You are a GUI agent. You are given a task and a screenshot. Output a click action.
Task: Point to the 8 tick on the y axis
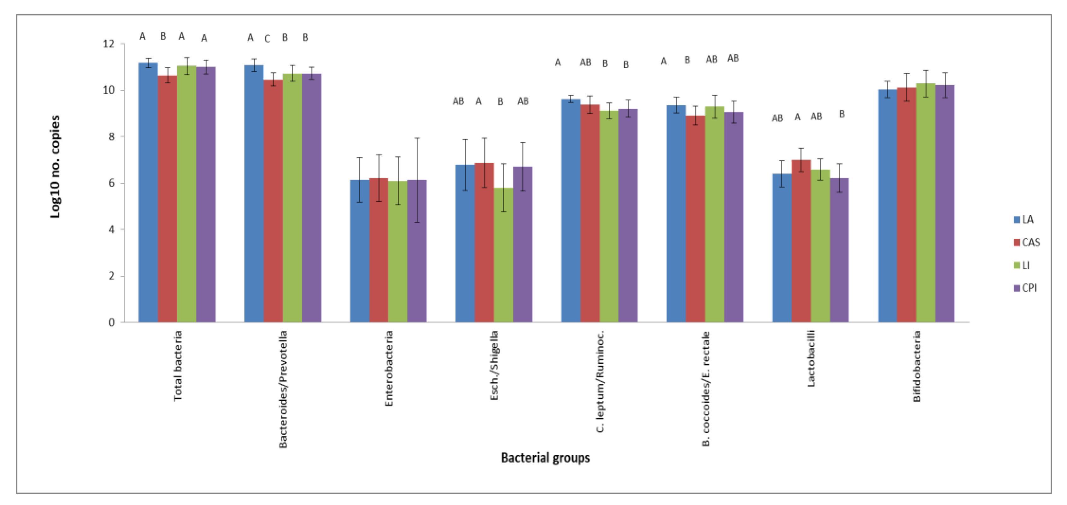(x=111, y=137)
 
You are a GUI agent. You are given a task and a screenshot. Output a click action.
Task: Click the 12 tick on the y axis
(x=109, y=44)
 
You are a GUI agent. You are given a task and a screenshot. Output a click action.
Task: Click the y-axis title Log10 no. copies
(x=55, y=167)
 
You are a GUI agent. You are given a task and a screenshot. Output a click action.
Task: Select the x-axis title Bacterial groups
(x=545, y=458)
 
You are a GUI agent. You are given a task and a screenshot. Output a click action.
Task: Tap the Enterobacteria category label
(x=389, y=368)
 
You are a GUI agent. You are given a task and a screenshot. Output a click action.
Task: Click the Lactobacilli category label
(x=811, y=359)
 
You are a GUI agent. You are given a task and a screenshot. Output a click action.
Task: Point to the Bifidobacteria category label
(x=917, y=366)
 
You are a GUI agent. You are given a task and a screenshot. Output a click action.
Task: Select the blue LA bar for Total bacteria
(x=148, y=193)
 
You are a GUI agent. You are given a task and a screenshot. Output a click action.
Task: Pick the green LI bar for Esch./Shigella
(x=503, y=255)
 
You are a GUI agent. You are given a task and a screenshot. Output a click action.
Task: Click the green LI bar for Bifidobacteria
(x=925, y=203)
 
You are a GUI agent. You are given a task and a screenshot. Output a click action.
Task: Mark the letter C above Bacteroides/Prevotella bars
(x=267, y=39)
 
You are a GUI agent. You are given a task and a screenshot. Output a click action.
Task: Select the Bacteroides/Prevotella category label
(x=283, y=389)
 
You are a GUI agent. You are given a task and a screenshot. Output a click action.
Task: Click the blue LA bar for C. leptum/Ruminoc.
(x=570, y=211)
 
